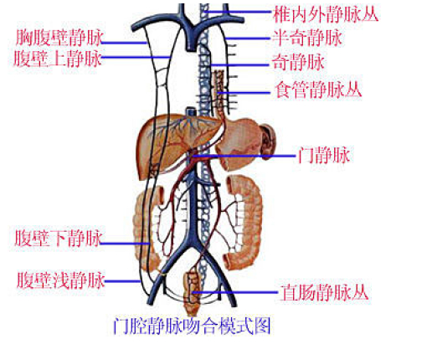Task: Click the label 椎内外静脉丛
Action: tap(326, 14)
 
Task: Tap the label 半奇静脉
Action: tap(307, 38)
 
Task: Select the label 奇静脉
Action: tap(298, 62)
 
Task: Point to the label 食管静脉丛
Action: tap(318, 90)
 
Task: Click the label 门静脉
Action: tap(324, 155)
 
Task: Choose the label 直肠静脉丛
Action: tap(324, 292)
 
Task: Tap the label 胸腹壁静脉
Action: tap(59, 38)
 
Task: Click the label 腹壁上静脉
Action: tap(58, 59)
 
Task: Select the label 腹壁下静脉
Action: tap(58, 238)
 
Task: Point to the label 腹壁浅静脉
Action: tap(60, 280)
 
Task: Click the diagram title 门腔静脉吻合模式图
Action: tap(192, 326)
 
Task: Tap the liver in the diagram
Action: tap(174, 145)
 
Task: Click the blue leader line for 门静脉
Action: tap(244, 156)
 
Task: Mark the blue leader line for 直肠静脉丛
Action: tap(235, 292)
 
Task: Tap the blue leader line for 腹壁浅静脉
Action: tap(122, 281)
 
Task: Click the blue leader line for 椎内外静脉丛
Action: tap(238, 12)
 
